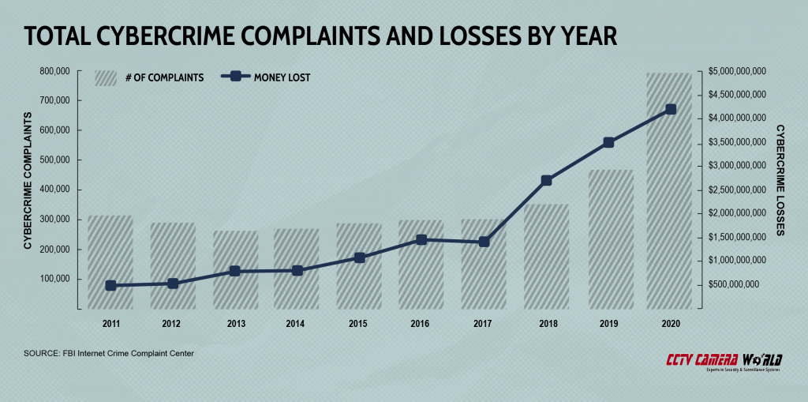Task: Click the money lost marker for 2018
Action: (x=546, y=180)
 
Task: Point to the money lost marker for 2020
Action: (x=670, y=110)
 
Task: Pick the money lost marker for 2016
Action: (x=421, y=239)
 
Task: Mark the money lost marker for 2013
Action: (x=234, y=271)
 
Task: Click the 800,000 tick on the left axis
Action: (x=53, y=71)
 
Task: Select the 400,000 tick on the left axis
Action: (x=53, y=190)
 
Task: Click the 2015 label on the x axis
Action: (x=359, y=324)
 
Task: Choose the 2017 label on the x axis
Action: (x=483, y=324)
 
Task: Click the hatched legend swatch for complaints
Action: (x=106, y=77)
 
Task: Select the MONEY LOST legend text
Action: (x=282, y=77)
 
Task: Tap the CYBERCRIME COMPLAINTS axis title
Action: (x=28, y=181)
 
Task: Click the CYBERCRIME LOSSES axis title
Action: (x=780, y=180)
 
